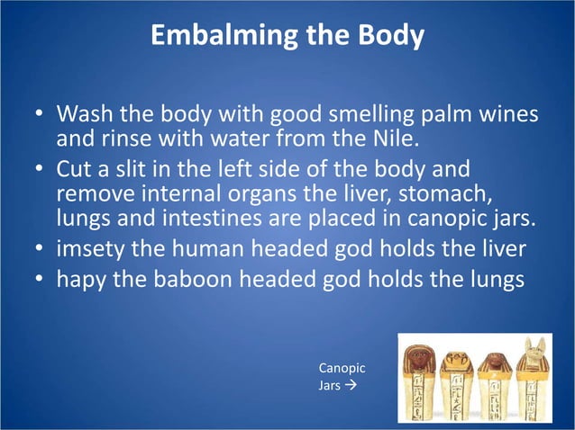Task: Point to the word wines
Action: tap(507, 117)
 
